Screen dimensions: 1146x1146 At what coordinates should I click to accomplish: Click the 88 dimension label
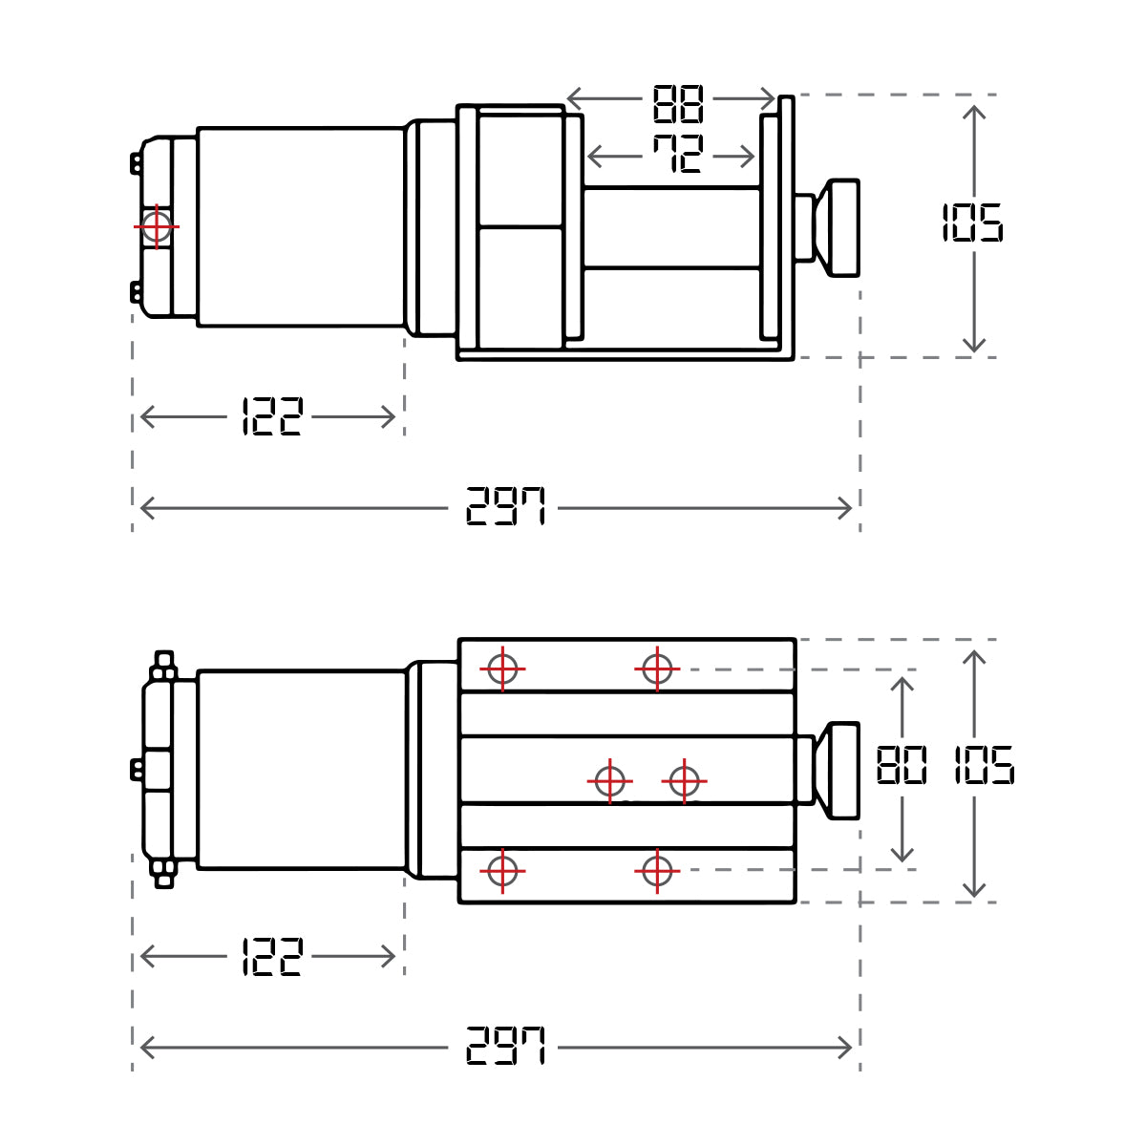point(678,104)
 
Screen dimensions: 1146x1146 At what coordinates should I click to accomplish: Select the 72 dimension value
point(678,154)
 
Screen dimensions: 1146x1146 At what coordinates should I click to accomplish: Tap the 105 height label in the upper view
point(972,223)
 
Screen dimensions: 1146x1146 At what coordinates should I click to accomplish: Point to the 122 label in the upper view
point(272,417)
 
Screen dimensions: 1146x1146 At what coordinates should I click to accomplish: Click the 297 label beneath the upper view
point(505,507)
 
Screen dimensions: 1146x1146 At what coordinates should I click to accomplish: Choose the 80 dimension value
point(902,766)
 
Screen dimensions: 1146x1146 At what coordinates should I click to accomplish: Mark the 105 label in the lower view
point(984,766)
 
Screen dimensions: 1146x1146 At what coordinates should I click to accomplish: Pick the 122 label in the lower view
point(272,956)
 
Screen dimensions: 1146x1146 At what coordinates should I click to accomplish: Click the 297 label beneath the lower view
point(505,1047)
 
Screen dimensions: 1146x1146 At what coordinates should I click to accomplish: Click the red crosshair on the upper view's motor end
point(156,227)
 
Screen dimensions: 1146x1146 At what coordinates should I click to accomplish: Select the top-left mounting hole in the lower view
point(502,669)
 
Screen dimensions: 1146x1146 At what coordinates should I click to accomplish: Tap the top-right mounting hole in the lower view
point(657,669)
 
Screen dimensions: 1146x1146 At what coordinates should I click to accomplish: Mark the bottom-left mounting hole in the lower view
point(502,871)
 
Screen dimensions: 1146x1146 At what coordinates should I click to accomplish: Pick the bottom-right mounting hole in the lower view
point(657,871)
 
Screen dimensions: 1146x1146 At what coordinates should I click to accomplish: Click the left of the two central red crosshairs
point(609,781)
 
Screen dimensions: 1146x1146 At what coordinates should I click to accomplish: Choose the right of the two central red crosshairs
point(684,781)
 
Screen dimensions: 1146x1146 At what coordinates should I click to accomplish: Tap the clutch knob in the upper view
point(843,227)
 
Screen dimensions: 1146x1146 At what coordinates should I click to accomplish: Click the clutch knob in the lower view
point(843,771)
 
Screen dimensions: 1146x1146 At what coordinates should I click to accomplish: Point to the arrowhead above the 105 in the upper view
point(974,113)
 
